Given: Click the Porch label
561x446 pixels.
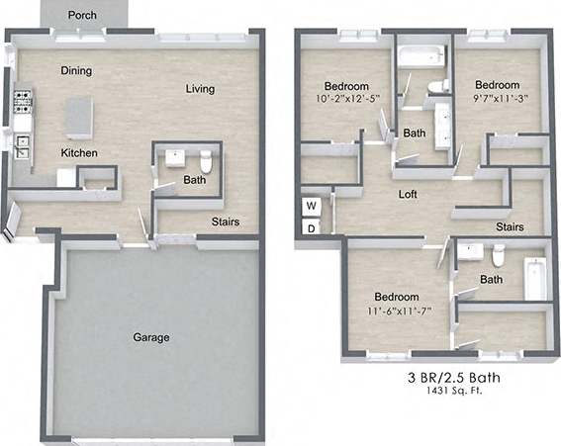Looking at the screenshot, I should pyautogui.click(x=84, y=15).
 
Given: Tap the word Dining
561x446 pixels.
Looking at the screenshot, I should pyautogui.click(x=77, y=71).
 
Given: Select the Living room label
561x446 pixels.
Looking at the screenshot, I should pyautogui.click(x=200, y=89).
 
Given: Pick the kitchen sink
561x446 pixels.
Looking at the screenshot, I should pyautogui.click(x=22, y=148).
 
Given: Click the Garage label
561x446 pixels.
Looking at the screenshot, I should pyautogui.click(x=151, y=337).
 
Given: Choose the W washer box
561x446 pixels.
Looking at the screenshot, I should pyautogui.click(x=311, y=206).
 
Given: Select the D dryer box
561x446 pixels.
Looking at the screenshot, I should pyautogui.click(x=311, y=228).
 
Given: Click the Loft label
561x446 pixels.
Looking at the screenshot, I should pyautogui.click(x=408, y=195).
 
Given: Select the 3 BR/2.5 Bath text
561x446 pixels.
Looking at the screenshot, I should pyautogui.click(x=448, y=376).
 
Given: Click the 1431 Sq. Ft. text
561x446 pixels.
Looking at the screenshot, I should pyautogui.click(x=448, y=391).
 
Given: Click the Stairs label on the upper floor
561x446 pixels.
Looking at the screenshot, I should pyautogui.click(x=510, y=226).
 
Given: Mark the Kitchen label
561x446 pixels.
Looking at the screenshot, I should pyautogui.click(x=78, y=153).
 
